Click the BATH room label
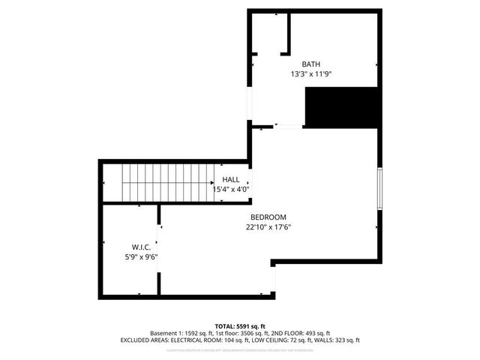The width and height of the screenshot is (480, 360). pos(310,64)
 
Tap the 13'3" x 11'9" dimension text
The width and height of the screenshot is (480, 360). pos(310,74)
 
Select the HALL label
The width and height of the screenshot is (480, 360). pos(231,180)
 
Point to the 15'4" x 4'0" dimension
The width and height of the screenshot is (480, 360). pos(231,190)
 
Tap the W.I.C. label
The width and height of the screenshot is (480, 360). pos(141,247)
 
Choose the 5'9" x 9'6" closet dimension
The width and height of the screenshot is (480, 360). pos(141,257)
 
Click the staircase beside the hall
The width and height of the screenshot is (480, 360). pos(169,185)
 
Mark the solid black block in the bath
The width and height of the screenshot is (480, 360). pos(340,106)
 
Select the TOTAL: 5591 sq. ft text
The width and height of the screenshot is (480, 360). pos(240,326)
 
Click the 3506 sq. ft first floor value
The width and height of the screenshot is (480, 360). pos(251,333)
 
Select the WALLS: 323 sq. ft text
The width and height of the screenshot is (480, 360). pos(335,340)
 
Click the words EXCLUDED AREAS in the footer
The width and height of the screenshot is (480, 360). pos(142,340)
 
